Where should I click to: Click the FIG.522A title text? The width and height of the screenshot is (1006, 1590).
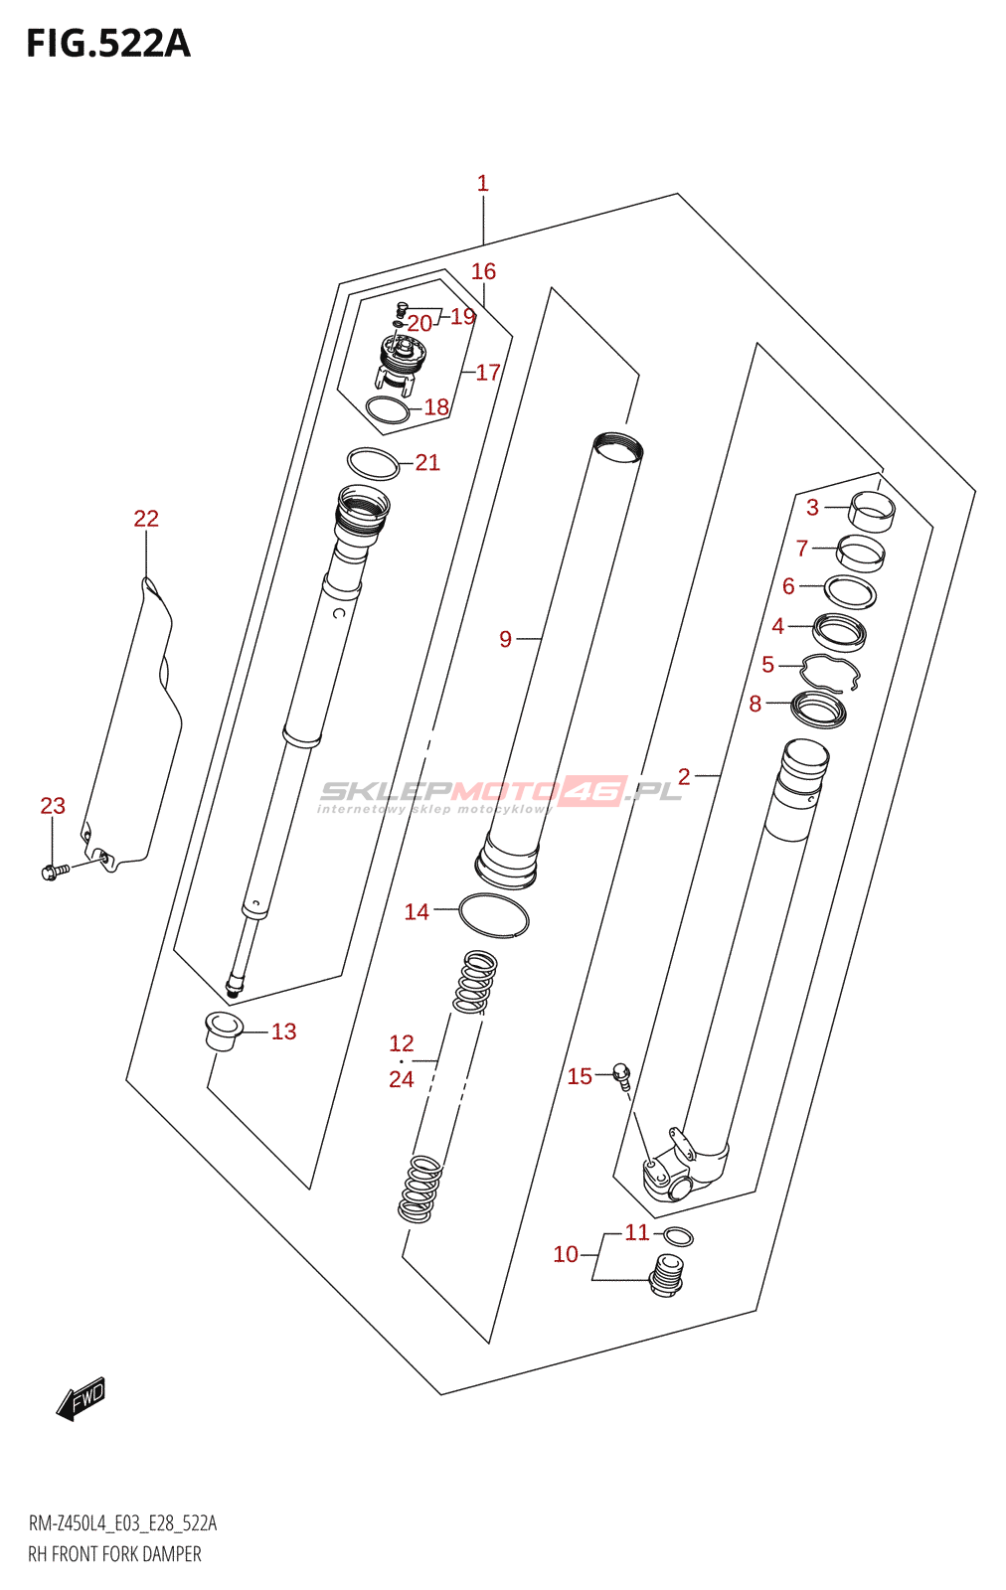(x=108, y=44)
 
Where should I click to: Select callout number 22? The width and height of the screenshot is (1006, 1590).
(x=146, y=519)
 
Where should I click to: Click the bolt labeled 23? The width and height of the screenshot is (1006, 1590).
(x=56, y=871)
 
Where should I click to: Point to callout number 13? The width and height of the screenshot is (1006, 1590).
(x=284, y=1033)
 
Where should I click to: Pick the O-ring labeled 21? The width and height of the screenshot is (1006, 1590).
(x=373, y=464)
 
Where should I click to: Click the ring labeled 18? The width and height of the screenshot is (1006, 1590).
(x=388, y=411)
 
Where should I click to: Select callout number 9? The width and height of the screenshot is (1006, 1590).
(x=505, y=640)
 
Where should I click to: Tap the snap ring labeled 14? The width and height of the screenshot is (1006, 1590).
(x=494, y=915)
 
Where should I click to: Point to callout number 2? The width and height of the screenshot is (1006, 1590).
(x=684, y=776)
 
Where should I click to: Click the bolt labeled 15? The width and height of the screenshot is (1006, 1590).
(x=622, y=1076)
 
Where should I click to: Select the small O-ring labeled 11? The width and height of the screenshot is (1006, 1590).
(x=678, y=1236)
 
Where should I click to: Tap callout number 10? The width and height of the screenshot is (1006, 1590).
(x=566, y=1255)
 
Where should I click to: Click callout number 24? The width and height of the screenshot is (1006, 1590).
(x=402, y=1079)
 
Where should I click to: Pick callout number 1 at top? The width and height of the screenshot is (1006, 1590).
(x=483, y=184)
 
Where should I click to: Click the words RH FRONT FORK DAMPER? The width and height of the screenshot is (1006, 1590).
(x=114, y=1554)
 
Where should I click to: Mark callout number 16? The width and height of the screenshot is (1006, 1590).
(x=483, y=271)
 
